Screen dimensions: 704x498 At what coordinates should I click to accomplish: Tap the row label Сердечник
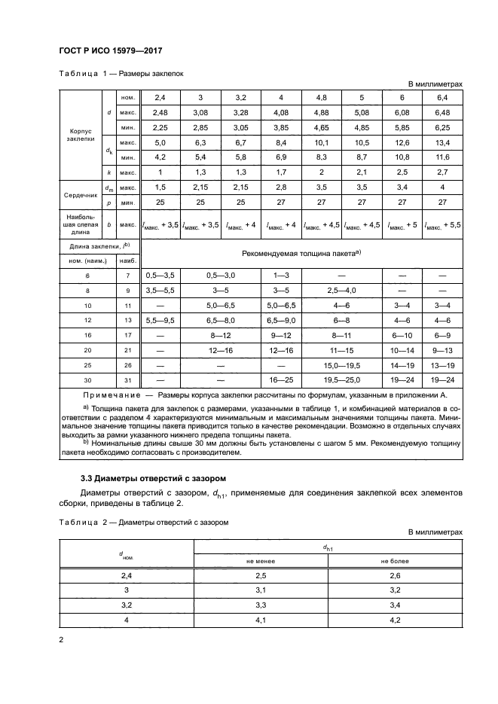coord(79,194)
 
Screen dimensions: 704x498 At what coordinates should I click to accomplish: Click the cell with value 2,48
coord(160,112)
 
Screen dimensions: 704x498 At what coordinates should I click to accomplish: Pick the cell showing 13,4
coord(442,142)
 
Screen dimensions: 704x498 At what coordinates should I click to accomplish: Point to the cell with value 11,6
coord(442,157)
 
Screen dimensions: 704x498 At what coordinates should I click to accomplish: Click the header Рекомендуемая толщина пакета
coord(301,253)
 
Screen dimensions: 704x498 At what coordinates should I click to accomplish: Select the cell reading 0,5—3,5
coord(160,276)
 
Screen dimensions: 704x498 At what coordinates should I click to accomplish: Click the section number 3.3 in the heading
coord(88,478)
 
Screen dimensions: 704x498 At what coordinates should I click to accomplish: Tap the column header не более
coord(395,560)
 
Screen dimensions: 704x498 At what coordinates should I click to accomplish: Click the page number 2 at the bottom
coord(61,639)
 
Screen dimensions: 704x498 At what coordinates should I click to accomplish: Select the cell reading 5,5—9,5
coord(160,320)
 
